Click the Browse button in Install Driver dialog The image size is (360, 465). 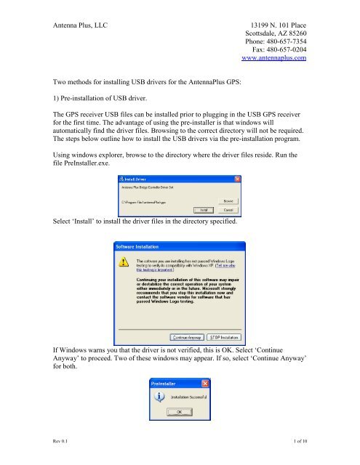click(228, 201)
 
